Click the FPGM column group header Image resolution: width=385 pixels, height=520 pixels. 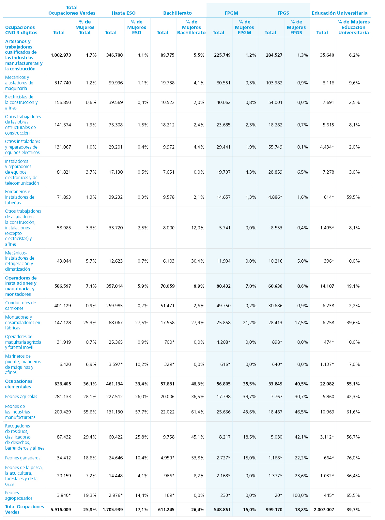pos(231,13)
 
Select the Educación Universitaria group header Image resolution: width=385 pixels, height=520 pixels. pos(339,13)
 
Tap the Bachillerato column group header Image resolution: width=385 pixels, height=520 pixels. pos(177,13)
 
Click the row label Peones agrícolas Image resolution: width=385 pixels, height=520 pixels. pos(21,397)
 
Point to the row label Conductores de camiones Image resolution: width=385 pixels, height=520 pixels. pos(21,306)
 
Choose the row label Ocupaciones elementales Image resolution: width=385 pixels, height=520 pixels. pos(19,384)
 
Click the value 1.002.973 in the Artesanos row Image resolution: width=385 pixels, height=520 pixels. pos(61,55)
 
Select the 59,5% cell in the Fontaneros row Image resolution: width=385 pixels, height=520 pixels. pos(353,197)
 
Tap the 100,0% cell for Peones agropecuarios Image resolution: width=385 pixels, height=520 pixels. pos(300,495)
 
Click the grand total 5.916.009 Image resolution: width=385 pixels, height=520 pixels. pos(61,510)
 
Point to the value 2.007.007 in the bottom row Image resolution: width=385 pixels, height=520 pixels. pos(324,510)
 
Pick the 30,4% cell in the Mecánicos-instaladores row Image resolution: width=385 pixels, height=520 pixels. pos(198,261)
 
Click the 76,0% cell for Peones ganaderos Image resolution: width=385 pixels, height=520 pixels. pos(353,458)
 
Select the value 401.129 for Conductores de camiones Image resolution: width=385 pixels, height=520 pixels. pos(63,306)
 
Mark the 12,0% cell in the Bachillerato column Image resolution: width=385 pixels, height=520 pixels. pos(198,228)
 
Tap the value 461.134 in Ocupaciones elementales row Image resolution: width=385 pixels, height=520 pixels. pos(115,384)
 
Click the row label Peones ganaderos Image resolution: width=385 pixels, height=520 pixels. pos(23,458)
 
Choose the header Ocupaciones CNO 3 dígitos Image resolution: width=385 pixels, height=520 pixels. pos(21,30)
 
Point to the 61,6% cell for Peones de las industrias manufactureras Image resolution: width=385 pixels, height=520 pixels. pos(353,412)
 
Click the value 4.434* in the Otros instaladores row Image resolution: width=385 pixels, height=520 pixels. pos(327,147)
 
